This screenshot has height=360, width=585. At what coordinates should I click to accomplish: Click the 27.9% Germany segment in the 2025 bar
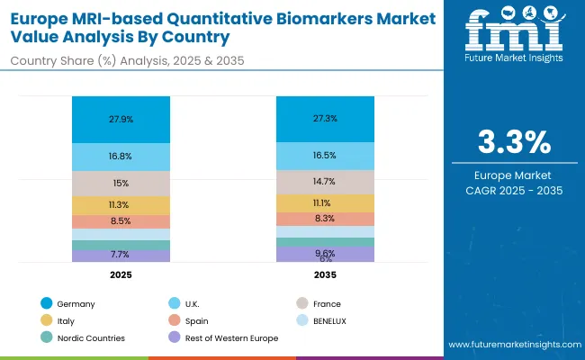121,119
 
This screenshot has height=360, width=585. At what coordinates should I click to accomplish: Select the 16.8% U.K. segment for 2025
121,155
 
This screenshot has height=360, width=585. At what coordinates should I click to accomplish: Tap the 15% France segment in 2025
121,183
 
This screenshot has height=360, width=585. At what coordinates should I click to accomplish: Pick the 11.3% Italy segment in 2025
121,205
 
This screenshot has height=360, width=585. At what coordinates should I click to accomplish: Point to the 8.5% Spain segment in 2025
121,220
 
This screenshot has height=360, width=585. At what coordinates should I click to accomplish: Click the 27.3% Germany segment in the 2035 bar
325,119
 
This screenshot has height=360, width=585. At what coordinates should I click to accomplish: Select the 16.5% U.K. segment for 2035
325,155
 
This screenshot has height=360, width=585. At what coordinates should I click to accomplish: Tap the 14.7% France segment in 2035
325,181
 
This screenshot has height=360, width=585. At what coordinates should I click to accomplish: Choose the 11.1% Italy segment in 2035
325,203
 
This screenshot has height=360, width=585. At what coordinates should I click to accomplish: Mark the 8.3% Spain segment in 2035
325,219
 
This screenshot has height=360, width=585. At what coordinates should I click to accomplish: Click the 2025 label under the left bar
121,274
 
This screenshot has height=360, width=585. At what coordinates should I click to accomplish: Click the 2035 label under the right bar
325,274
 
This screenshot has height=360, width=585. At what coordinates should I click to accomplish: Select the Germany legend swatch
46,304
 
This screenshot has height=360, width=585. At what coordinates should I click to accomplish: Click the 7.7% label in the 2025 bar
121,255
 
